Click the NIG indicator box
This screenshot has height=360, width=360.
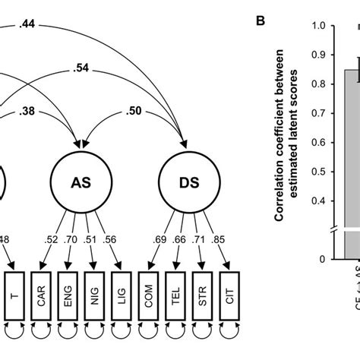(x=93, y=289)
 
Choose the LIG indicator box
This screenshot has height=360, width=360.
(x=118, y=289)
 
